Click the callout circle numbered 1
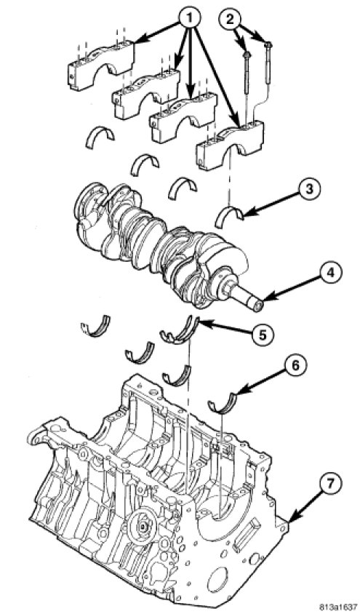[x=189, y=17]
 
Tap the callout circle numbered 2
[x=231, y=18]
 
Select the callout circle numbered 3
[x=309, y=189]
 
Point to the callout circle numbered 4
[x=331, y=273]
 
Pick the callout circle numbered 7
[x=330, y=484]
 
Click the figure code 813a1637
[x=338, y=607]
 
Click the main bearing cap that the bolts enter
[x=230, y=145]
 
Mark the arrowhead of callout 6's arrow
[x=237, y=393]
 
